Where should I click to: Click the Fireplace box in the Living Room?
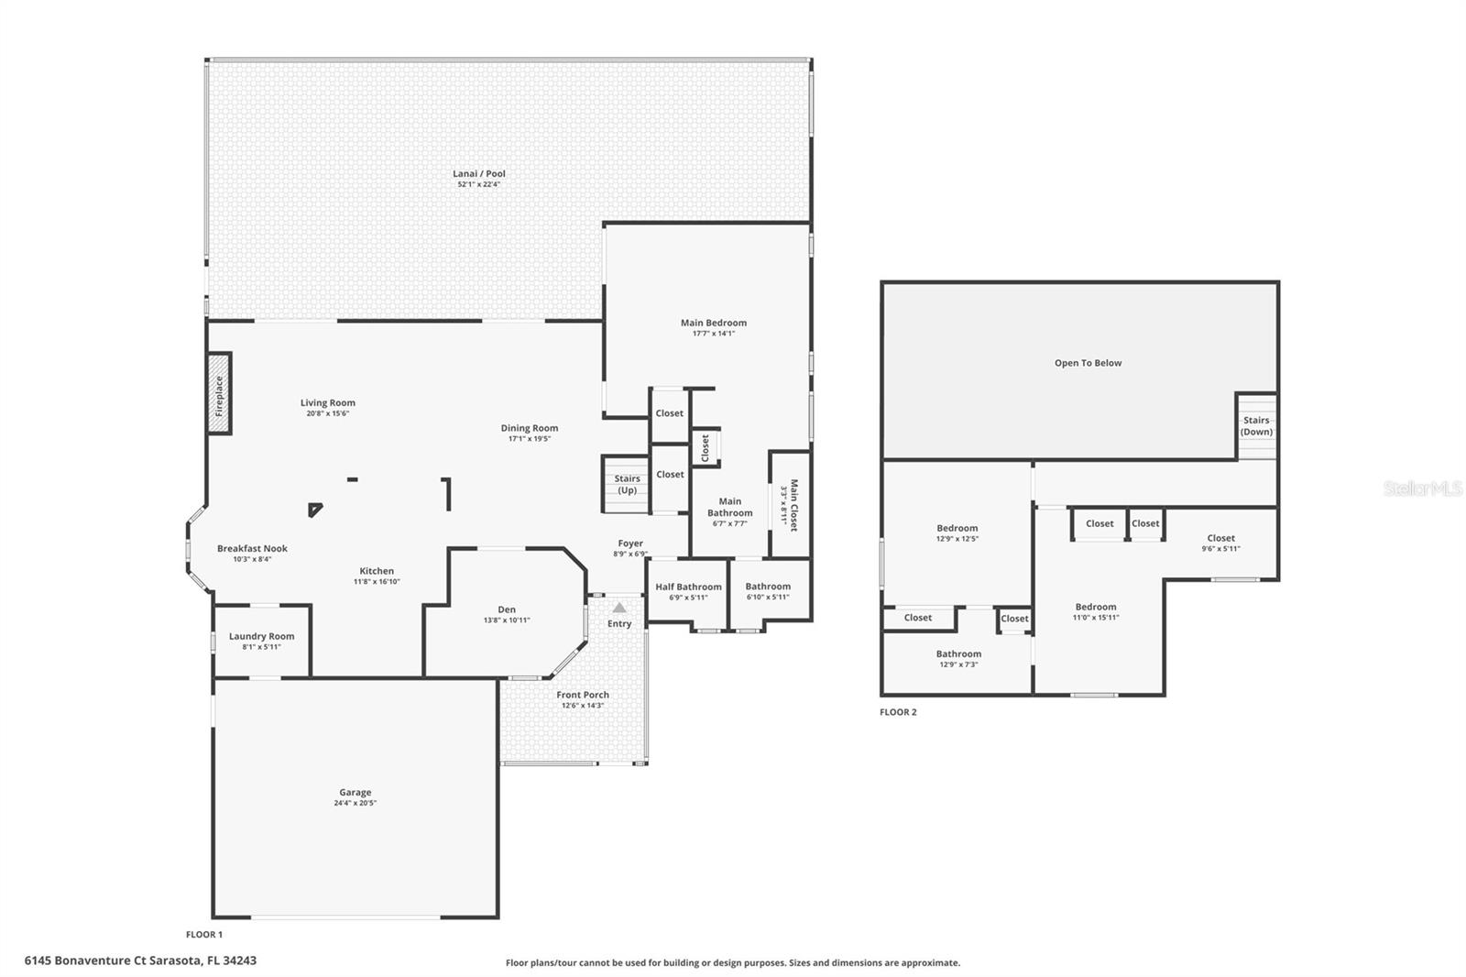pyautogui.click(x=219, y=394)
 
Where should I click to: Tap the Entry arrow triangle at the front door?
pyautogui.click(x=619, y=608)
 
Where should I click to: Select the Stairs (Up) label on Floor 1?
pyautogui.click(x=627, y=484)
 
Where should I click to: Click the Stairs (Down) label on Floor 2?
pyautogui.click(x=1256, y=426)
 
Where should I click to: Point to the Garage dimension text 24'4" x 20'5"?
pyautogui.click(x=355, y=803)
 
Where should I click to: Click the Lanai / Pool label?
pyautogui.click(x=478, y=173)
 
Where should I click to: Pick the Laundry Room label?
pyautogui.click(x=261, y=636)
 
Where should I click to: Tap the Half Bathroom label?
pyautogui.click(x=688, y=587)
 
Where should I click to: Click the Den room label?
pyautogui.click(x=507, y=609)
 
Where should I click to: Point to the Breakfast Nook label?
pyautogui.click(x=252, y=548)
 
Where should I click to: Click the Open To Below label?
pyautogui.click(x=1088, y=363)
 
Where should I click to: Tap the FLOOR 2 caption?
pyautogui.click(x=898, y=712)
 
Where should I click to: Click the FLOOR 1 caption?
pyautogui.click(x=204, y=935)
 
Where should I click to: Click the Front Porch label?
pyautogui.click(x=583, y=695)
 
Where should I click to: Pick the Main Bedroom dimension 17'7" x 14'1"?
pyautogui.click(x=713, y=334)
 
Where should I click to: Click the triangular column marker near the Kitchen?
pyautogui.click(x=315, y=509)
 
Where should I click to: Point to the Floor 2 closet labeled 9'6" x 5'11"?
pyautogui.click(x=1220, y=543)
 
